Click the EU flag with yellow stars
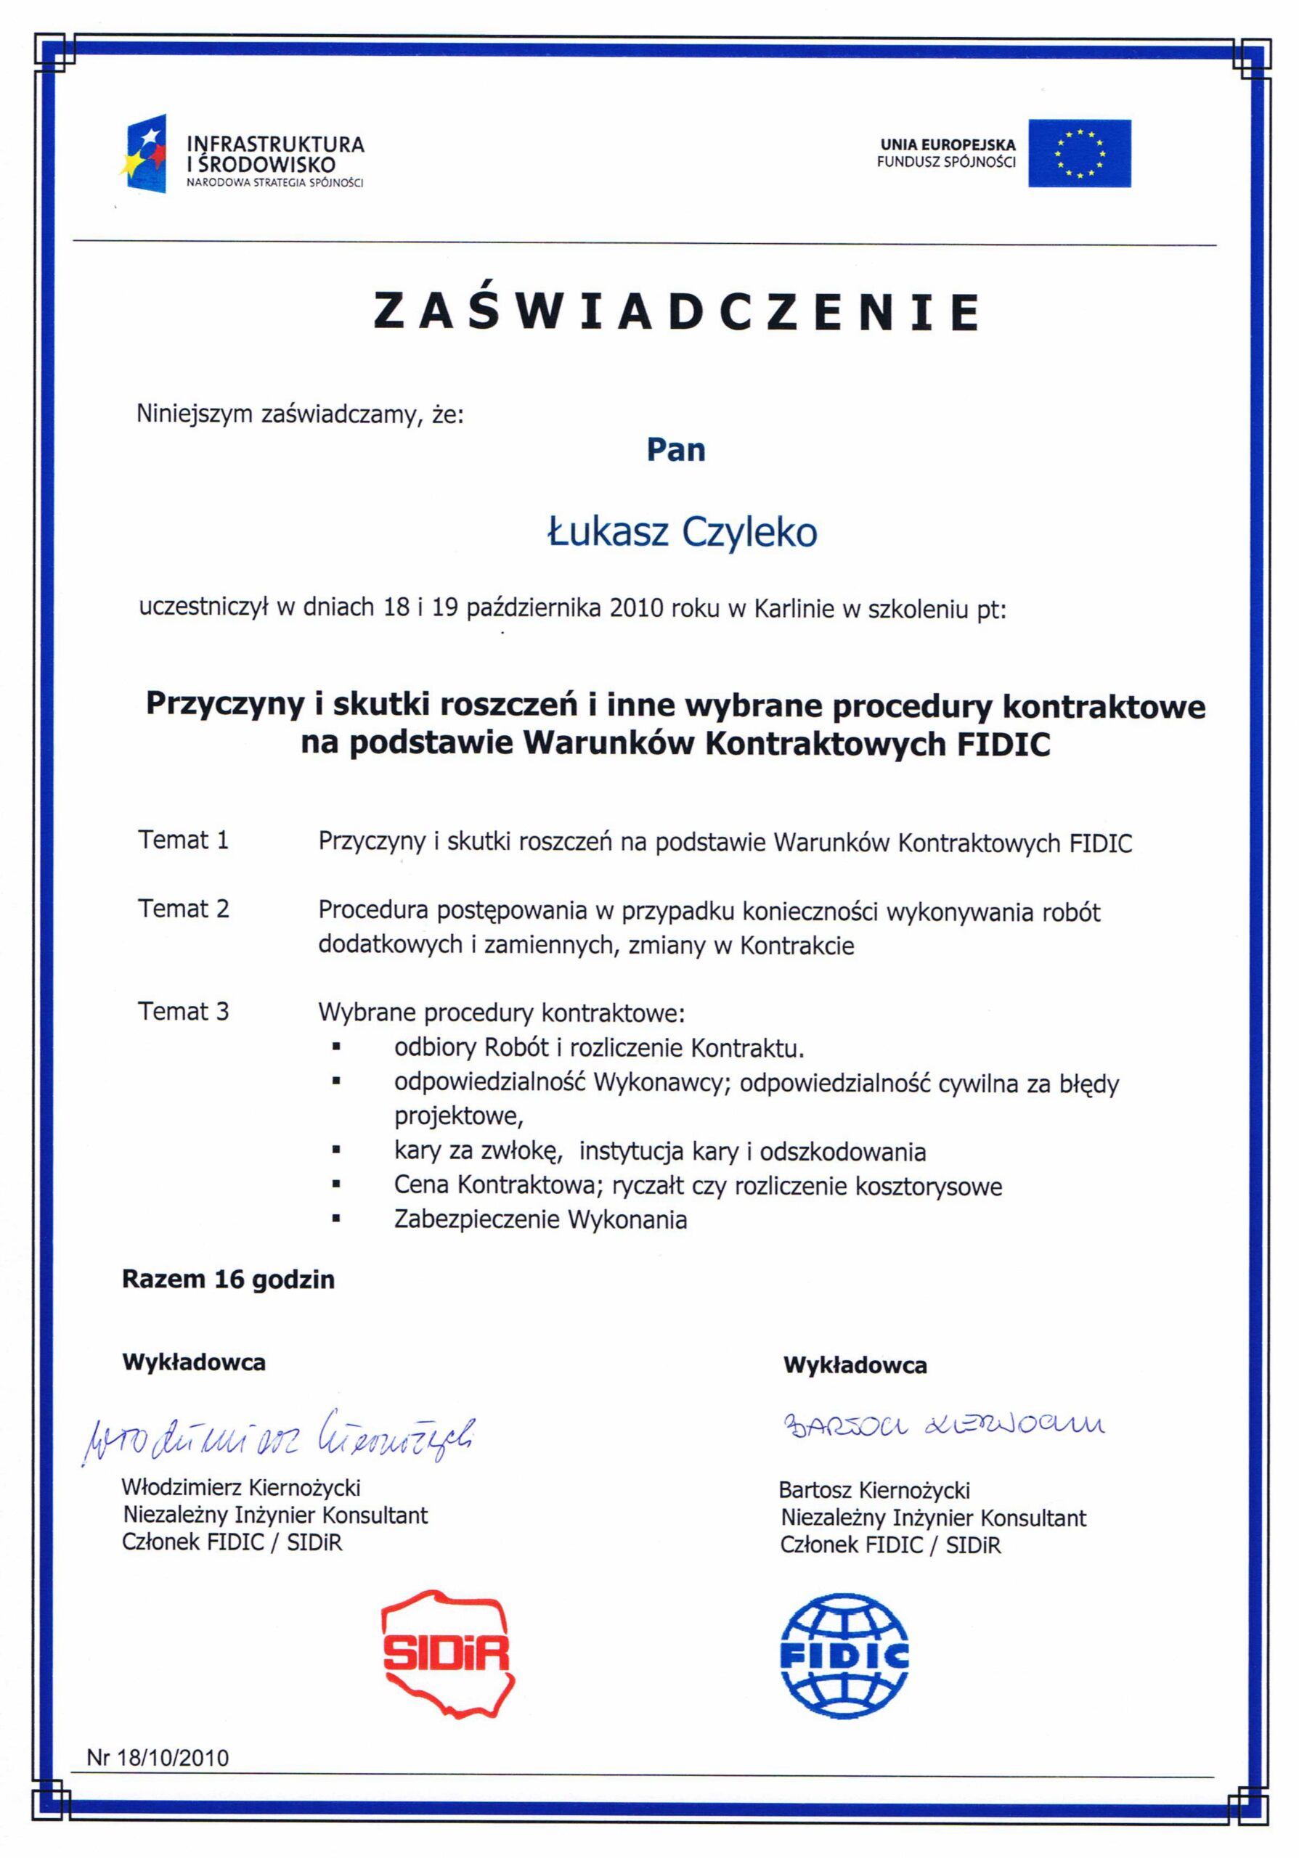pyautogui.click(x=1079, y=153)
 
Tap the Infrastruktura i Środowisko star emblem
pyautogui.click(x=147, y=154)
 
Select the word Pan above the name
pyautogui.click(x=676, y=450)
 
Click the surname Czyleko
pyautogui.click(x=749, y=533)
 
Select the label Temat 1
pyautogui.click(x=184, y=840)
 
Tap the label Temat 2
pyautogui.click(x=184, y=909)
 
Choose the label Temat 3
pyautogui.click(x=184, y=1012)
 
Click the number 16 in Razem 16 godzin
pyautogui.click(x=229, y=1280)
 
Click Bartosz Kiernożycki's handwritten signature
pyautogui.click(x=943, y=1425)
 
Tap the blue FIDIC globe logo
pyautogui.click(x=844, y=1656)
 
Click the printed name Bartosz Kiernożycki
pyautogui.click(x=874, y=1490)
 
